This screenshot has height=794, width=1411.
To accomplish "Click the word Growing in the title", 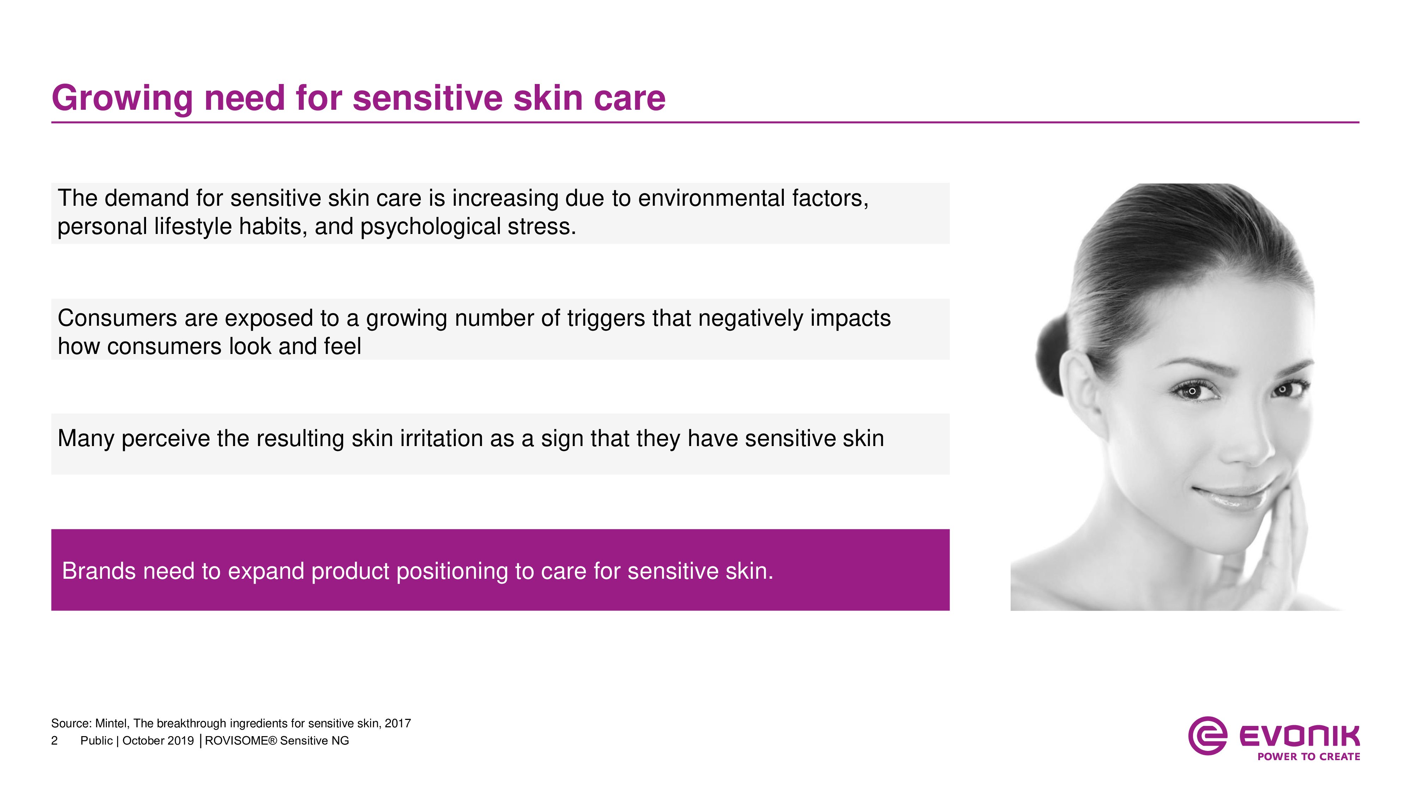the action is [x=122, y=99].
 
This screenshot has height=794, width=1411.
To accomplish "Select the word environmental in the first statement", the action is [x=711, y=198].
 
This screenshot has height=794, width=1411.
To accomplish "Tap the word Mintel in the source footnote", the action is [x=111, y=723].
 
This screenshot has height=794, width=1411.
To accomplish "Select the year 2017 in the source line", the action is [x=398, y=723].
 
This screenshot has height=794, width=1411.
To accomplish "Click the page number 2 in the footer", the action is [x=54, y=741].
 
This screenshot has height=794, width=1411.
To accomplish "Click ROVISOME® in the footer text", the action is [x=241, y=741].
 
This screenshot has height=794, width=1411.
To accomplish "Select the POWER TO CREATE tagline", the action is [x=1309, y=757].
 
